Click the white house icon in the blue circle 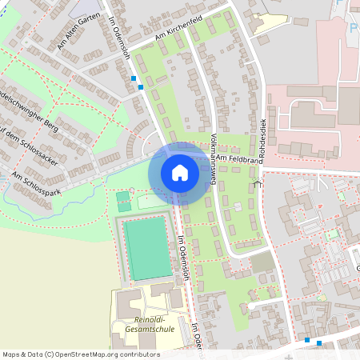179,173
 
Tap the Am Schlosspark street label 32,186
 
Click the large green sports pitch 146,247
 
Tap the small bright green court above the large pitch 123,196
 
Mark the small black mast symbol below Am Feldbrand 257,184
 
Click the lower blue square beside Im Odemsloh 141,86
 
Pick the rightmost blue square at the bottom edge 319,343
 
